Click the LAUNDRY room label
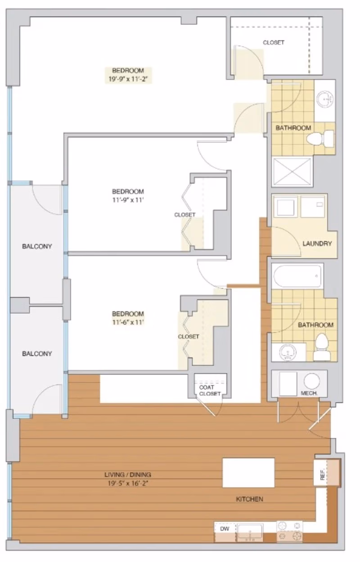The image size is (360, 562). (x=317, y=244)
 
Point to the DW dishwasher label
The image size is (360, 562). (x=225, y=529)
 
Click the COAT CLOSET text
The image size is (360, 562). (x=210, y=390)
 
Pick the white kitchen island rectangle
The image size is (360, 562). (x=248, y=473)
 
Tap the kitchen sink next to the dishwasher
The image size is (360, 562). (x=249, y=533)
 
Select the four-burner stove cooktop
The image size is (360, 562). (x=289, y=531)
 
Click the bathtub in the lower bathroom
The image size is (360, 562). (x=297, y=275)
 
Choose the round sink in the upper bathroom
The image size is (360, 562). (x=324, y=98)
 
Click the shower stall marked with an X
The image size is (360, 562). (x=292, y=171)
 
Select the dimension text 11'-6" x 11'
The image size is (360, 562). (x=128, y=322)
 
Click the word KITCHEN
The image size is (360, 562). (x=250, y=499)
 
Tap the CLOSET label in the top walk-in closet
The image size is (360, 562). (x=274, y=43)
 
